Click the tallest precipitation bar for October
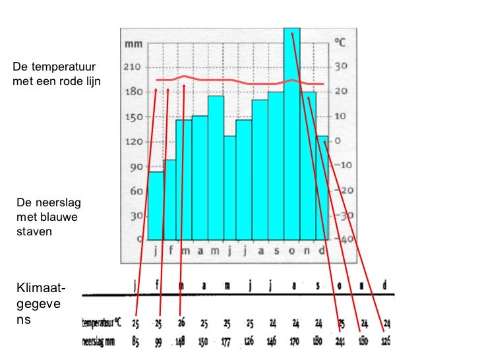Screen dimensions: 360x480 click(292, 132)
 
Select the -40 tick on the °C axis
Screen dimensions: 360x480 click(344, 239)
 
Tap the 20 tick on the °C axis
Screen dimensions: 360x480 click(341, 92)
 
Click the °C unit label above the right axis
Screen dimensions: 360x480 click(341, 43)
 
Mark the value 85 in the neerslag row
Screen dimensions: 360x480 click(135, 342)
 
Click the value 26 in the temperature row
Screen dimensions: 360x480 click(181, 324)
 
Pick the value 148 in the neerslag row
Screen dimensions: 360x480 click(181, 342)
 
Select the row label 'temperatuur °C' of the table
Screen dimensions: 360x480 click(102, 324)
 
